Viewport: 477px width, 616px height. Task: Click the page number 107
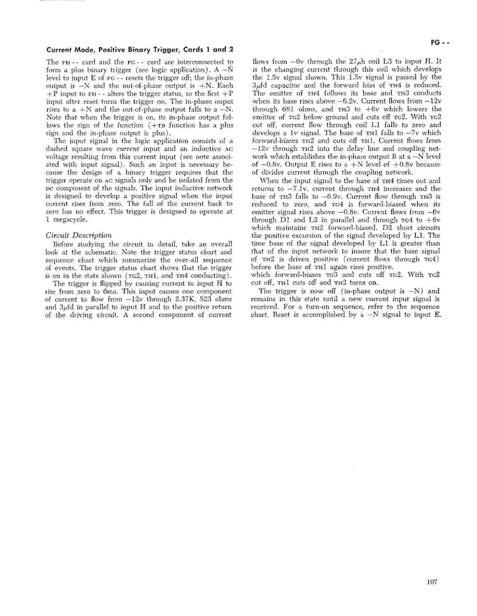click(432, 582)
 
